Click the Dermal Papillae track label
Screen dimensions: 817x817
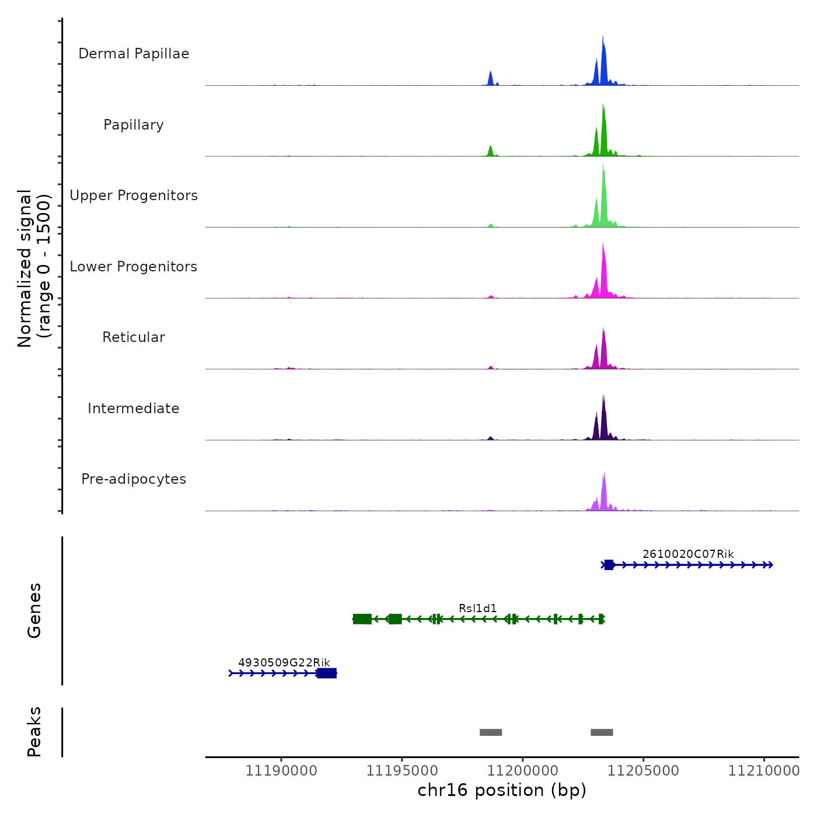click(134, 54)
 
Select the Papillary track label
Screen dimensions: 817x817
click(134, 125)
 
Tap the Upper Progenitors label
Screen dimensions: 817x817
click(134, 195)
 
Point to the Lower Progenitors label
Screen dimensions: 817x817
click(134, 267)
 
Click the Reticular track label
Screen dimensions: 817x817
click(134, 337)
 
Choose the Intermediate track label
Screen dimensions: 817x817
click(134, 408)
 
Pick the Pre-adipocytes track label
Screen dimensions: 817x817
click(134, 479)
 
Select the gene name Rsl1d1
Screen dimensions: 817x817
click(477, 609)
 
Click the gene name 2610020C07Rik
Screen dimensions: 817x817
click(688, 554)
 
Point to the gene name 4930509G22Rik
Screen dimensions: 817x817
click(284, 662)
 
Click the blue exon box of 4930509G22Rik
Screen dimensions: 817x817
click(327, 673)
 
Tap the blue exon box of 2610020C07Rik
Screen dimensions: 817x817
click(609, 565)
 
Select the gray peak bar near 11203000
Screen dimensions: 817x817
click(602, 732)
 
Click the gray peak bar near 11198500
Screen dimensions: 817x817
click(491, 732)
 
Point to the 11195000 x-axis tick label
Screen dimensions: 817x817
click(402, 771)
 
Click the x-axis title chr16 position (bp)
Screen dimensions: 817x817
click(502, 790)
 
